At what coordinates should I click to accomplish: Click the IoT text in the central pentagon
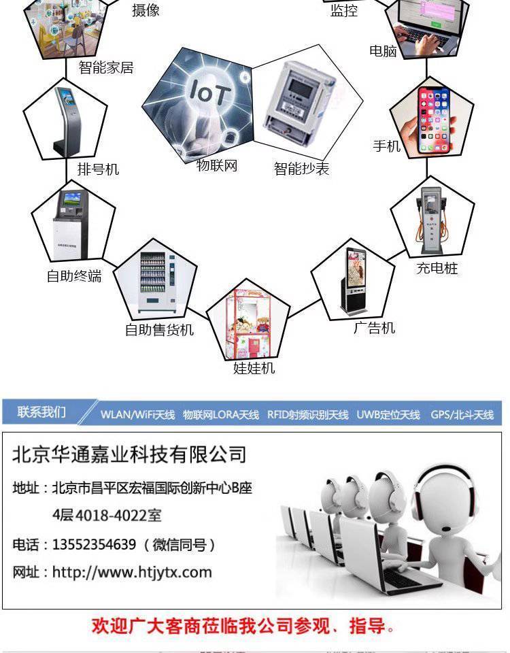click(209, 93)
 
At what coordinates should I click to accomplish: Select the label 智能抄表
click(301, 169)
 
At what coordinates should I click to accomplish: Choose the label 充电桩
click(437, 268)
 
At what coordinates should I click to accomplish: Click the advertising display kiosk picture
click(354, 282)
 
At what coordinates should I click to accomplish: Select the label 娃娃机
click(254, 368)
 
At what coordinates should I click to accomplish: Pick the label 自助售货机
click(159, 330)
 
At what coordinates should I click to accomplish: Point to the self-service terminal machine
click(70, 225)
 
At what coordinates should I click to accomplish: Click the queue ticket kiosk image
click(65, 122)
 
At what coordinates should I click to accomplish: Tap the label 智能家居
click(106, 67)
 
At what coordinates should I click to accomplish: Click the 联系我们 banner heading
click(41, 412)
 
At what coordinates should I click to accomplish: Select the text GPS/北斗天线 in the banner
click(462, 415)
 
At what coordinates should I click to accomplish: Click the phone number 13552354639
click(94, 544)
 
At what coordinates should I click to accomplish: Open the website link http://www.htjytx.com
click(132, 572)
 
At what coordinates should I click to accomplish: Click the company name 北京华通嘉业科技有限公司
click(129, 454)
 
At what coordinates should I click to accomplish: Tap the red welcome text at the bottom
click(243, 626)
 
